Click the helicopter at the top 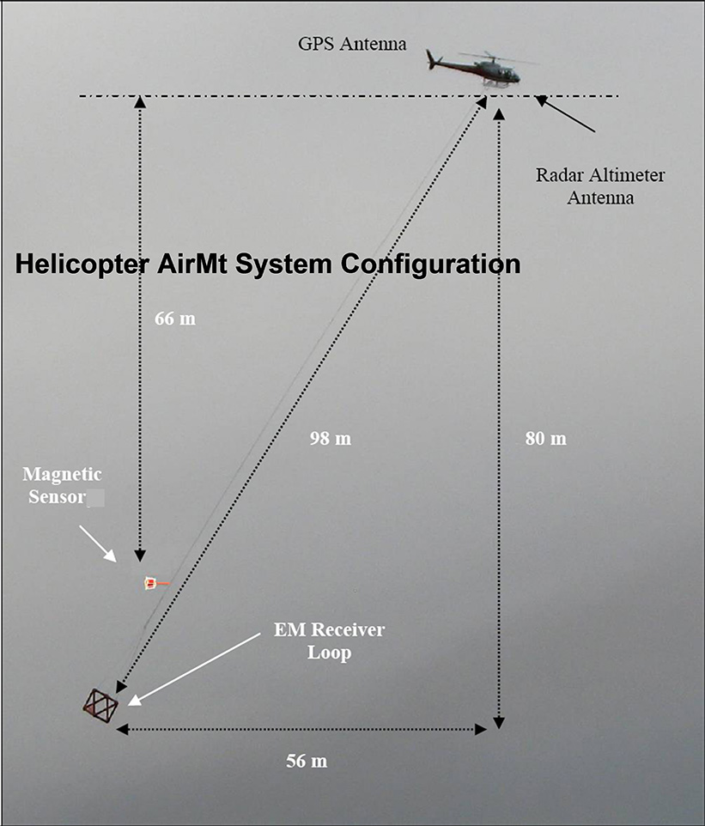(x=477, y=69)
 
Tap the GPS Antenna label (x=352, y=44)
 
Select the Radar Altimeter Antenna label (x=600, y=186)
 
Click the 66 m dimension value (x=175, y=319)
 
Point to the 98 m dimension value (x=331, y=438)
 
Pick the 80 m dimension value (x=546, y=438)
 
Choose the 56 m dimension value (x=307, y=761)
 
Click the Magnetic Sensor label (x=63, y=485)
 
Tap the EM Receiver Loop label (x=330, y=641)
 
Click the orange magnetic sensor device (x=153, y=583)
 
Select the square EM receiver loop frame (x=100, y=706)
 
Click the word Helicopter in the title (x=81, y=264)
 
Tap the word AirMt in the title (x=191, y=264)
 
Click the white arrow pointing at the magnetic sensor (x=98, y=544)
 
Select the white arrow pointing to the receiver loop (x=194, y=669)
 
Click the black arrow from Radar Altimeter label (x=565, y=113)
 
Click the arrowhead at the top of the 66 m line (x=140, y=101)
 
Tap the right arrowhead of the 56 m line (x=481, y=729)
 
